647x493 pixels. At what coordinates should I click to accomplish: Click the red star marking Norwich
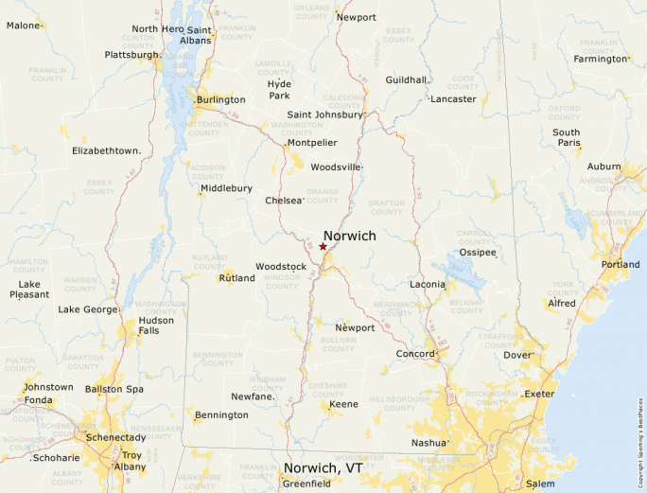pyautogui.click(x=323, y=246)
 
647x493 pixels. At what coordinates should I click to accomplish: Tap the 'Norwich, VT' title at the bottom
pyautogui.click(x=323, y=468)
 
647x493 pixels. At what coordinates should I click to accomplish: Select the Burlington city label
pyautogui.click(x=220, y=99)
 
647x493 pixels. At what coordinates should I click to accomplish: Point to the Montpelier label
pyautogui.click(x=312, y=143)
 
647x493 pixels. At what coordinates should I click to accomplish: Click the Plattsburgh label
pyautogui.click(x=132, y=55)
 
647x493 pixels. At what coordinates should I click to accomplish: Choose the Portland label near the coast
pyautogui.click(x=620, y=264)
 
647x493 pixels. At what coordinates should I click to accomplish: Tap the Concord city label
pyautogui.click(x=414, y=354)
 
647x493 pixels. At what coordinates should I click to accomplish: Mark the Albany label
pyautogui.click(x=131, y=467)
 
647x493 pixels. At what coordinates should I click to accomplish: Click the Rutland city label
pyautogui.click(x=236, y=278)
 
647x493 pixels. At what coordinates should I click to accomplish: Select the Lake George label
pyautogui.click(x=88, y=309)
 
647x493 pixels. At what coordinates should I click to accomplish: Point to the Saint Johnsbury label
pyautogui.click(x=324, y=114)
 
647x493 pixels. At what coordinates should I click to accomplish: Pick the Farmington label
pyautogui.click(x=601, y=59)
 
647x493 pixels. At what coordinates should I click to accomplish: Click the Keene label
pyautogui.click(x=343, y=404)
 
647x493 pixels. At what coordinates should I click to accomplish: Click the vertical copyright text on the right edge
pyautogui.click(x=640, y=435)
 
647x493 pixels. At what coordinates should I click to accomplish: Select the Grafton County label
pyautogui.click(x=386, y=206)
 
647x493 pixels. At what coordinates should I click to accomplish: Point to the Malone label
pyautogui.click(x=24, y=25)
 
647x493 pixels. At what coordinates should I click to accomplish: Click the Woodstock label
pyautogui.click(x=280, y=267)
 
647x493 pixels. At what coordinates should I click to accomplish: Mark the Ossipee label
pyautogui.click(x=477, y=253)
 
